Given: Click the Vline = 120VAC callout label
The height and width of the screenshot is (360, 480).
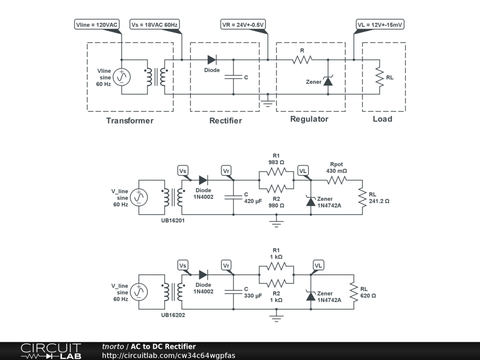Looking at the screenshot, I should pos(97,24).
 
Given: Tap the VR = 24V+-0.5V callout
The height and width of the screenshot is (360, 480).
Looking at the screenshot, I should pos(243,24).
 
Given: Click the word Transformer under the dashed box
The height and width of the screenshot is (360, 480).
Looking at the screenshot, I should pos(130,120).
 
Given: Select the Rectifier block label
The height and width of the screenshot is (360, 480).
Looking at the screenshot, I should pos(225,120).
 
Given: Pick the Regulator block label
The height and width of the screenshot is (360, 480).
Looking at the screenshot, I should pos(309,119).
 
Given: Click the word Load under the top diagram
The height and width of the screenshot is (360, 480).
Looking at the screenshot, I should pos(382,119).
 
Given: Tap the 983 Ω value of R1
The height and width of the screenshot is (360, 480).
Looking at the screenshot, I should pos(276,162).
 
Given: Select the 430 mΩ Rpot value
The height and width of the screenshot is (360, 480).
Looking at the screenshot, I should pos(337,171).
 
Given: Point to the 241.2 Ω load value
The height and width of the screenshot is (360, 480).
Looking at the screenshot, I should pos(379,201).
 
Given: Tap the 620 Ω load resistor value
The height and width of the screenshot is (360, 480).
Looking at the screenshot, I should pos(368,296).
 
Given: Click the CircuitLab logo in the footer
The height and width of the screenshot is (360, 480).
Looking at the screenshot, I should pos(51,351).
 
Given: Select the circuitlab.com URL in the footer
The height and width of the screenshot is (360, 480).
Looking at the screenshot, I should pos(169,355).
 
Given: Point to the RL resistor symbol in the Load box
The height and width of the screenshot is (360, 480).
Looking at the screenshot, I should pos(379,77).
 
